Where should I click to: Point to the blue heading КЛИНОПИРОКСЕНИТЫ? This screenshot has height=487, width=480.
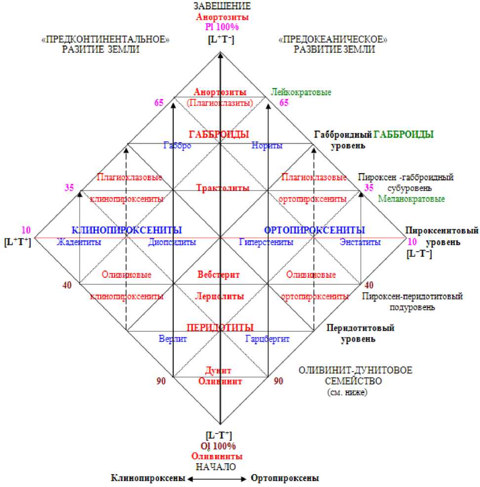tap(127, 230)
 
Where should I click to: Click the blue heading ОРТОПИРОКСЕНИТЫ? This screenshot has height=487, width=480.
tap(315, 230)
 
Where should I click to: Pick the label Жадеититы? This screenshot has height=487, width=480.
tap(79, 242)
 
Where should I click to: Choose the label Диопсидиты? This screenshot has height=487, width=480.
tap(172, 242)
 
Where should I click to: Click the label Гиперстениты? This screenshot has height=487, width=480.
tap(266, 242)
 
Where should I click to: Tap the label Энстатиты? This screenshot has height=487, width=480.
tap(360, 242)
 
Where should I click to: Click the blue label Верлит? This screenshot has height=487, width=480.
tap(172, 339)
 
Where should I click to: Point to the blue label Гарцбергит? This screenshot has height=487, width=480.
tap(267, 339)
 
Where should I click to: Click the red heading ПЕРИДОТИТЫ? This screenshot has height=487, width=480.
tap(220, 327)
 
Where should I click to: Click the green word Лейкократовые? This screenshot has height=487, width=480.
tap(301, 92)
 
